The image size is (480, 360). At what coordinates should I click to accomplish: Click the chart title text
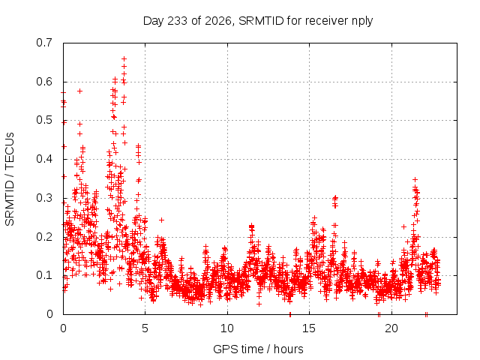[258, 21]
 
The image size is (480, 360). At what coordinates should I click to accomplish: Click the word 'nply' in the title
[362, 22]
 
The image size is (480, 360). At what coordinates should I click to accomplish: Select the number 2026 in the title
[218, 21]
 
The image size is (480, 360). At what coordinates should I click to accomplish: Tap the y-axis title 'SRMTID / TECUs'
[10, 179]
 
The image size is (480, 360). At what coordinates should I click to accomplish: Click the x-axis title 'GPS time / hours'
[258, 349]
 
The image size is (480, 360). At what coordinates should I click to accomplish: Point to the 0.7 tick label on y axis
[44, 43]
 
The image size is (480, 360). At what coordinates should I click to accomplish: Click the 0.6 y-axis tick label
[44, 82]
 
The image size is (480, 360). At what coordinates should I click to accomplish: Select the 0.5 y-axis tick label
[44, 120]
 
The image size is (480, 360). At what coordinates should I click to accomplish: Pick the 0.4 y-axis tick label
[44, 159]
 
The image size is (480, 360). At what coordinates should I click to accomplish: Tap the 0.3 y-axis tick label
[44, 198]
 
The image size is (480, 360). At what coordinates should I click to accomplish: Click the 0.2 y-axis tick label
[44, 237]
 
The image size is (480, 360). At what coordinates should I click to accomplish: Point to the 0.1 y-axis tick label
[44, 275]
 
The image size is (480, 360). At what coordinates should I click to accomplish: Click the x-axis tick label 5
[145, 328]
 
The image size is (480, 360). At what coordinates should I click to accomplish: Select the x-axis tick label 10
[227, 328]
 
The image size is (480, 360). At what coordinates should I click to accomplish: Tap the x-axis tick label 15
[309, 328]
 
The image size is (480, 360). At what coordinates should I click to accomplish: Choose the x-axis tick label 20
[391, 328]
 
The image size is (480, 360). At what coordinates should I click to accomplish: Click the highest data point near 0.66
[124, 58]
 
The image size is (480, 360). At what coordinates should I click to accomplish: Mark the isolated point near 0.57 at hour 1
[80, 91]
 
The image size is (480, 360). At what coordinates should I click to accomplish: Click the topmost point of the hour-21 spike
[415, 179]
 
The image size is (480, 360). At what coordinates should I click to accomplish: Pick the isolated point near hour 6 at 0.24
[162, 220]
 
